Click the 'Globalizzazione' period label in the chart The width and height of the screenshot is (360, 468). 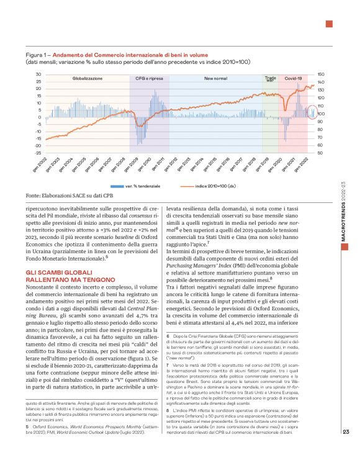pos(88,79)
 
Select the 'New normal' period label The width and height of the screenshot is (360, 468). pos(215,79)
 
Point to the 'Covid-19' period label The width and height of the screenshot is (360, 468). pos(293,79)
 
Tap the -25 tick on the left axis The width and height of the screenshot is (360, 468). pos(20,153)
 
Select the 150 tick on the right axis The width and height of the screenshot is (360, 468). pos(320,74)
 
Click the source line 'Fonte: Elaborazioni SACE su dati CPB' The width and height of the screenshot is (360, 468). pos(66,196)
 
